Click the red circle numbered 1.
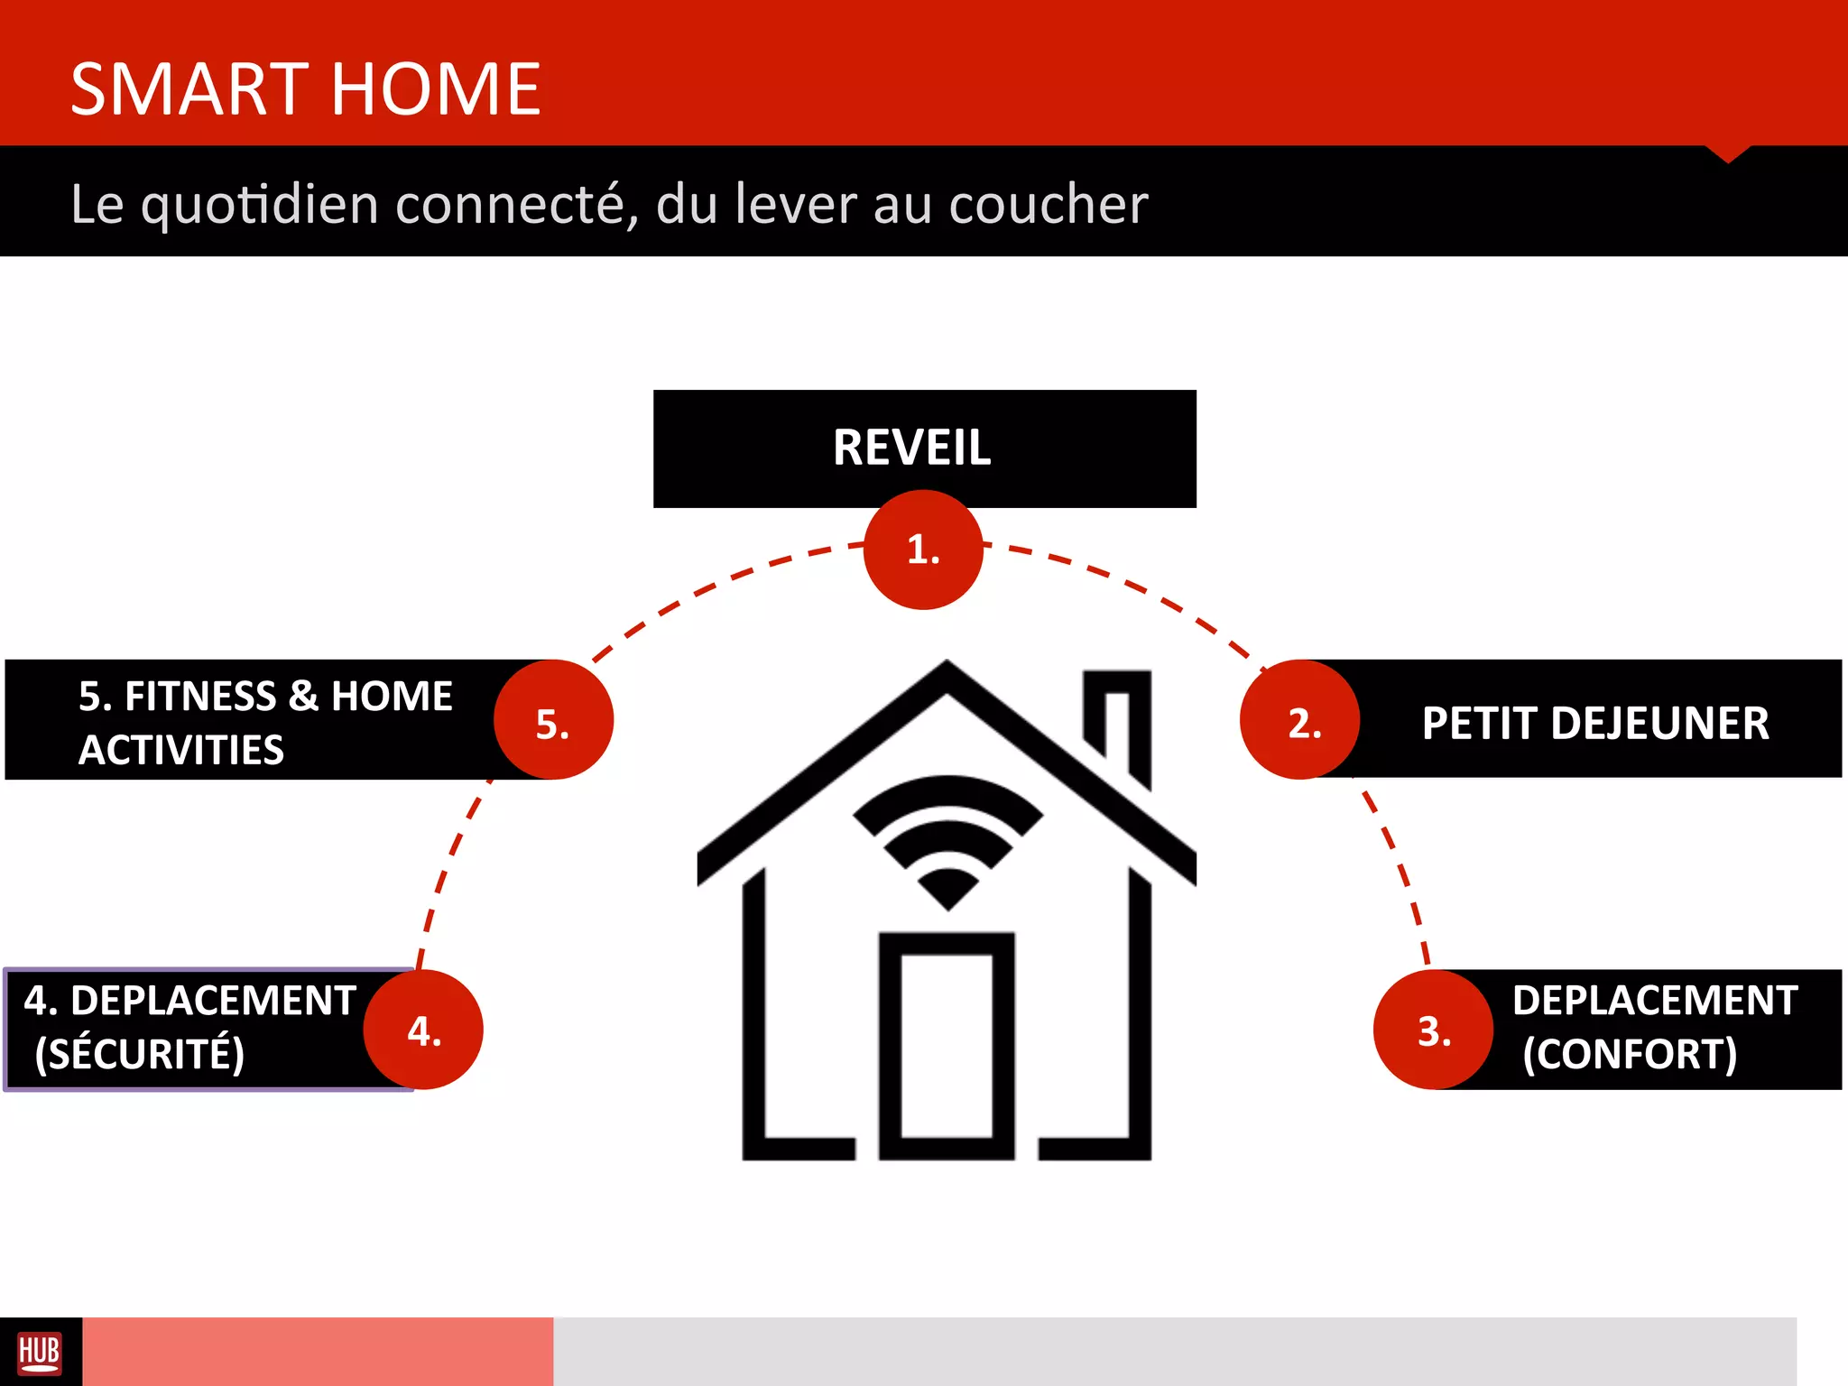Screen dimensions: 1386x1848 point(923,550)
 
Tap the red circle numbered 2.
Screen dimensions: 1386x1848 point(1299,720)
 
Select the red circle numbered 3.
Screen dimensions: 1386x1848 point(1433,1030)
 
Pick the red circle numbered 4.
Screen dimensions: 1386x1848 point(423,1030)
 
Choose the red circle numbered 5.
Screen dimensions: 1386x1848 point(553,720)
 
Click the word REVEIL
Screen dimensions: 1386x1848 point(911,448)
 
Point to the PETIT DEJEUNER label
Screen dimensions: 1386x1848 point(1595,723)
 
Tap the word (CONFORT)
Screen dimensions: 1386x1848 point(1630,1054)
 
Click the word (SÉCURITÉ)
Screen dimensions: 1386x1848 point(139,1054)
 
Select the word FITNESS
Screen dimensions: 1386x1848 point(200,697)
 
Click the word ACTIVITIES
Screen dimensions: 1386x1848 point(181,750)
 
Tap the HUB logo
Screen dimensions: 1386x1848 point(40,1352)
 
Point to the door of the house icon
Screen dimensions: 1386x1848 point(947,1047)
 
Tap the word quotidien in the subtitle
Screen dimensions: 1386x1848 point(260,205)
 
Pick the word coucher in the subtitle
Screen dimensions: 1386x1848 point(1049,205)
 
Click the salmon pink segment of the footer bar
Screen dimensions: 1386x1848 point(318,1352)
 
